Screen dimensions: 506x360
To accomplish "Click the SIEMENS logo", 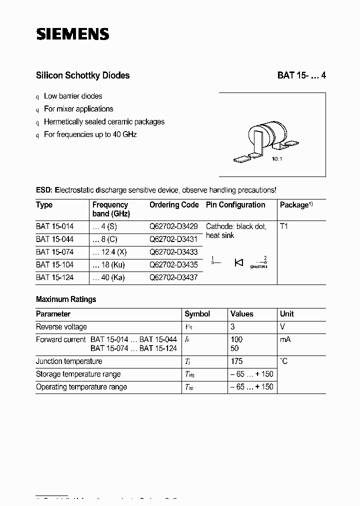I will click(72, 33).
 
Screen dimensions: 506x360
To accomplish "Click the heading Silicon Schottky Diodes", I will click(82, 75).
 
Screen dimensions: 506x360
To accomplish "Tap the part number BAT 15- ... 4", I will click(301, 75).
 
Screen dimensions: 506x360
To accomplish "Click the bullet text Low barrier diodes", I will click(73, 96).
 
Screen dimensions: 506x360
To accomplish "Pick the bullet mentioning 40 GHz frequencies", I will click(90, 134).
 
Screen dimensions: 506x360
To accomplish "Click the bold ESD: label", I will click(44, 190).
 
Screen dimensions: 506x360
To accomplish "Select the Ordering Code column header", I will click(174, 205).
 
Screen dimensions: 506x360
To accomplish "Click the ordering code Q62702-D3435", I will click(173, 264).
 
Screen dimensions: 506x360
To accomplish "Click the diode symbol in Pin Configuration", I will click(238, 262).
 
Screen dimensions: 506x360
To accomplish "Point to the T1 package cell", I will click(284, 226).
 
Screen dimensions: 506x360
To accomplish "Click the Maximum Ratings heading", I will click(66, 299).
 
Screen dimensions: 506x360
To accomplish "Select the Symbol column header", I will click(197, 314).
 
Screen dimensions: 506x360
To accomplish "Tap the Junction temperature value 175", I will click(236, 361).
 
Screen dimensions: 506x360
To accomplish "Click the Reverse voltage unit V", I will click(282, 327).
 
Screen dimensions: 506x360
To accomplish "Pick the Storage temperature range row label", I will click(78, 374).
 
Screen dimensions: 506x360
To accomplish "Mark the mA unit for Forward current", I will click(285, 339).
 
